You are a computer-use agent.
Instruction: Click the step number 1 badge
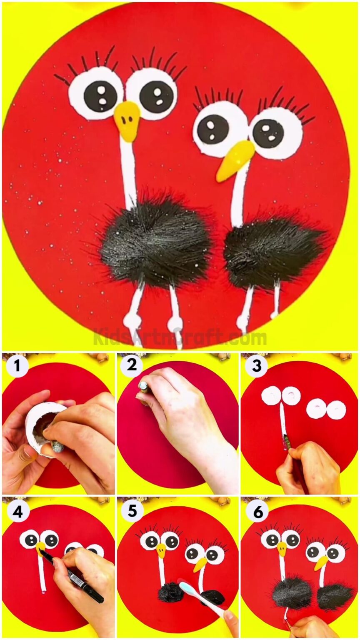17,367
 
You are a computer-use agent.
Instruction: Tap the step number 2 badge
132,365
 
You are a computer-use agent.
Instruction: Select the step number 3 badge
256,366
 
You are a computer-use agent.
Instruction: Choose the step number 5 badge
132,510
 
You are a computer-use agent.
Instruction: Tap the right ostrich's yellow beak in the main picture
233,160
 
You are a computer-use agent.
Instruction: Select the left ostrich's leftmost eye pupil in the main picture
100,96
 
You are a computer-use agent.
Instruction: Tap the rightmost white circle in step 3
336,410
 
